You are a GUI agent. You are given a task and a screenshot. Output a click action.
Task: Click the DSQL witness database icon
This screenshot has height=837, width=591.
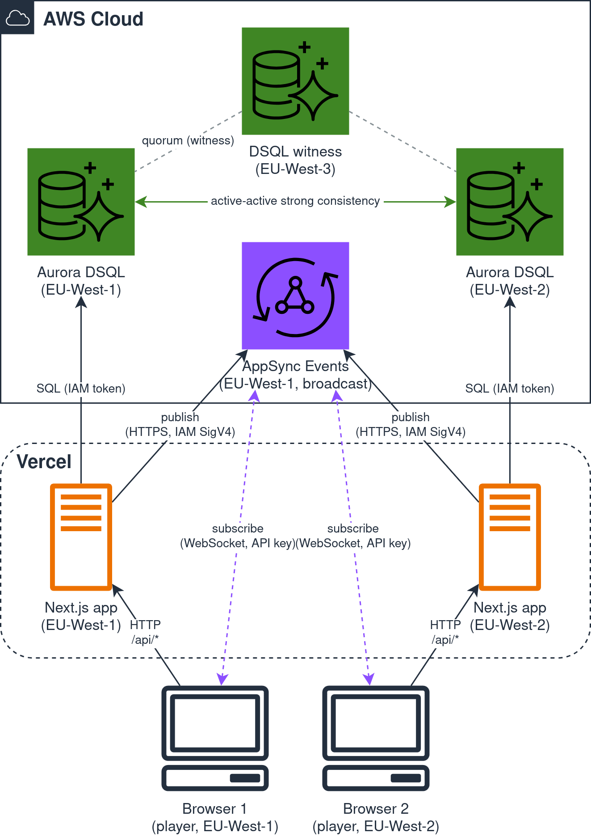[295, 81]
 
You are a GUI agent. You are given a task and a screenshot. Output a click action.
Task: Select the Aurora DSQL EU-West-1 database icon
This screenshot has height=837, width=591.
[81, 202]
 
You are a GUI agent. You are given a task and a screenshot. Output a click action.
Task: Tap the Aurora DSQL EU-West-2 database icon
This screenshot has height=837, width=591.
[510, 202]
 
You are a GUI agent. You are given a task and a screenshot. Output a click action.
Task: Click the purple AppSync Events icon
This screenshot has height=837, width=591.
[295, 296]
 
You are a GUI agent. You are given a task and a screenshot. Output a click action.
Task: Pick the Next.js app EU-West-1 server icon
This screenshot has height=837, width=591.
[81, 537]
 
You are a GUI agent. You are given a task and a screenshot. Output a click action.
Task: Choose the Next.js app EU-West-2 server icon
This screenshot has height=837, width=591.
[510, 537]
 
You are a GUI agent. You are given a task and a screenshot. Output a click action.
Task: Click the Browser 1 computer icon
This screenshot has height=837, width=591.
[215, 738]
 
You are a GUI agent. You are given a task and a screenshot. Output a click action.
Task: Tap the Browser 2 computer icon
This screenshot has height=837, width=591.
[376, 738]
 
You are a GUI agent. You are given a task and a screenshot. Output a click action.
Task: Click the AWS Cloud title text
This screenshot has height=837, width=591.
[93, 19]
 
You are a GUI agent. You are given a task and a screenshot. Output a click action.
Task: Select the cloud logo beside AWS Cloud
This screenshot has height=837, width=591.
[17, 18]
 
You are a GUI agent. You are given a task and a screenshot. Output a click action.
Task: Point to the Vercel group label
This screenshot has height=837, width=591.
[44, 461]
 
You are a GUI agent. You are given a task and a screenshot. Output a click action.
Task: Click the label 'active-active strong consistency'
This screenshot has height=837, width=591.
[295, 201]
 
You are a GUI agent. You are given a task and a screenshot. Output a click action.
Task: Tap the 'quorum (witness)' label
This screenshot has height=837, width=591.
[188, 140]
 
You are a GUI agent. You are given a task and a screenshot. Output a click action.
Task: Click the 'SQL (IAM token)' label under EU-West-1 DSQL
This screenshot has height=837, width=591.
[81, 388]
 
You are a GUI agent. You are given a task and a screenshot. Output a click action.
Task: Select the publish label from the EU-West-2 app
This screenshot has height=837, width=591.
[411, 424]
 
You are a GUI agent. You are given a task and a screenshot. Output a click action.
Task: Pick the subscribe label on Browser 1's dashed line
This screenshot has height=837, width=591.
[238, 536]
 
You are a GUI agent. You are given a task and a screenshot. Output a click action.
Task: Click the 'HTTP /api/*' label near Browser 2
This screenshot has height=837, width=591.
[445, 632]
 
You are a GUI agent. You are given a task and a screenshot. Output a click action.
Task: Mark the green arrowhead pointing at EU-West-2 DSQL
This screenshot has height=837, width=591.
[450, 202]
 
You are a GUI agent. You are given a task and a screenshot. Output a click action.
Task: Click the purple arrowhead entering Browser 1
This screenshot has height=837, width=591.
[222, 680]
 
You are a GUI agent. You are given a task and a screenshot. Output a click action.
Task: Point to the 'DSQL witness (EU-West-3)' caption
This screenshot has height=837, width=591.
[295, 160]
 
